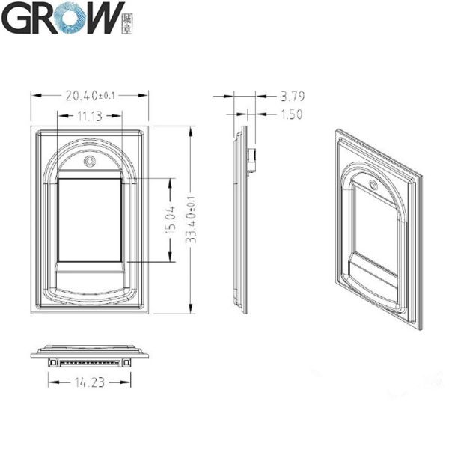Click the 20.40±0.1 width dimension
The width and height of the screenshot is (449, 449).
point(91,95)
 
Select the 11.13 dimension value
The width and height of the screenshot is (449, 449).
point(90,116)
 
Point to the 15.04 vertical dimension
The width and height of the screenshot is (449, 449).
point(171,220)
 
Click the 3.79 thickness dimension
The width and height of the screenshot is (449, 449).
point(291,96)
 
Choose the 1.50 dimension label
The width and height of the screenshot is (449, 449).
point(291,115)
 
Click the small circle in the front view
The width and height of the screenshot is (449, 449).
point(90,162)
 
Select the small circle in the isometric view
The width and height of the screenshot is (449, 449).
point(373,184)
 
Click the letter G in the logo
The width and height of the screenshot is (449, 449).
point(16,18)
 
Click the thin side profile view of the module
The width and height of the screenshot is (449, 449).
point(241,220)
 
